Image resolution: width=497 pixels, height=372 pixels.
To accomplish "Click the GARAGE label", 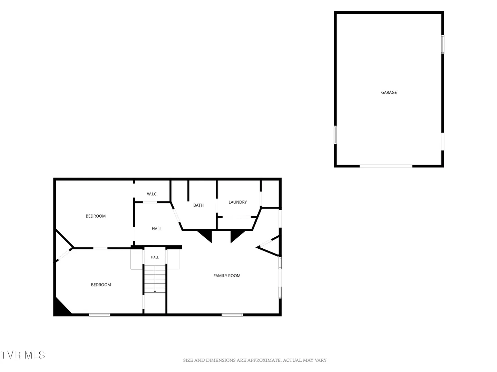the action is coord(389,92).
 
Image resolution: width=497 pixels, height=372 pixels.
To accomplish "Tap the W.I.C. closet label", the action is coord(152,194).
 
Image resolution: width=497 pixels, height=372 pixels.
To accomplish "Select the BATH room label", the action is coord(198,205).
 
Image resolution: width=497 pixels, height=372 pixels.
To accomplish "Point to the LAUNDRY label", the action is coord(237,202).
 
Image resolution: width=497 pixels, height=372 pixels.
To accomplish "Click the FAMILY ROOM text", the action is coord(227,276).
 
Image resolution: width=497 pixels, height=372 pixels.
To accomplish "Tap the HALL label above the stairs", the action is coord(155,257).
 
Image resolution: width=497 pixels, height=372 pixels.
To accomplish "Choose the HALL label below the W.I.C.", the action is coord(157,229).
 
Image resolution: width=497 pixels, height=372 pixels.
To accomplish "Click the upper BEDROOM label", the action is coord(96,216).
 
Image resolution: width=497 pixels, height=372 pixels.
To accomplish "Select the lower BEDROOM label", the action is coord(101,285).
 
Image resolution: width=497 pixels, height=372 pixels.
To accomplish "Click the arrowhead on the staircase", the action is coord(155,292).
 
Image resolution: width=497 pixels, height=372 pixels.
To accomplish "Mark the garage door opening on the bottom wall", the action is coord(386,166).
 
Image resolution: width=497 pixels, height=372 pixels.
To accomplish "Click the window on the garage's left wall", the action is coord(335,135).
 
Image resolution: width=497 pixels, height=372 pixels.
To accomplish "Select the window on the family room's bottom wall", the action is coord(232,315).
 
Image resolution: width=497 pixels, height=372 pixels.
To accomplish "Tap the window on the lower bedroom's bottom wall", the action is coord(99,315).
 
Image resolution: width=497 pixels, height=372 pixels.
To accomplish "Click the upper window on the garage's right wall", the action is coord(443,44).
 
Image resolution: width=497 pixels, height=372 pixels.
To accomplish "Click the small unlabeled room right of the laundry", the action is coord(270,194).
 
